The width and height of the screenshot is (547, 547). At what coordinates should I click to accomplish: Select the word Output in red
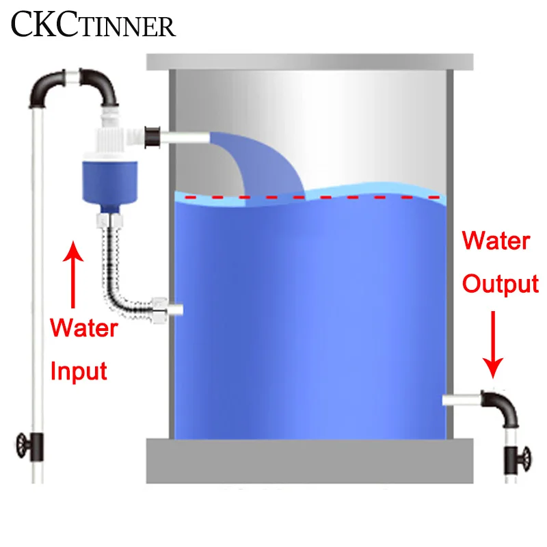point(501,283)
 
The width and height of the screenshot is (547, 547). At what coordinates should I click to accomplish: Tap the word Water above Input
point(84,328)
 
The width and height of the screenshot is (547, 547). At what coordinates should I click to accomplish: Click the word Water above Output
point(496,241)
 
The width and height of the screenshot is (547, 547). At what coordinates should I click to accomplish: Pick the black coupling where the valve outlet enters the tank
point(153,137)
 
